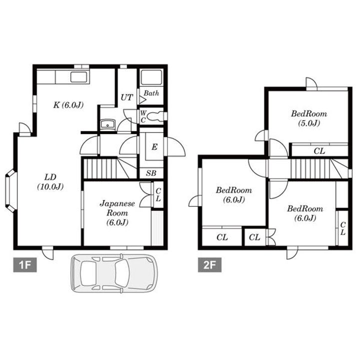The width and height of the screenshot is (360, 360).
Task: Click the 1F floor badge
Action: coord(25,265)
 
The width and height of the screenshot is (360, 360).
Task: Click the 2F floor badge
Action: coord(209,265)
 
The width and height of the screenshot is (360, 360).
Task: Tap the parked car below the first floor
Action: coord(114,273)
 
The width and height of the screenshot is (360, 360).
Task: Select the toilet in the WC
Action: coord(155,116)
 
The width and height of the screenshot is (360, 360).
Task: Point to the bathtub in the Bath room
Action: coord(151,77)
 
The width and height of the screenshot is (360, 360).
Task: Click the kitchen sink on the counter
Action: coord(79,77)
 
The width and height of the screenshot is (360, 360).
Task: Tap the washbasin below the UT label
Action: coord(107,124)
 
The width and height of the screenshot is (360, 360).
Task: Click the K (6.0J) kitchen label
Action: coord(68,105)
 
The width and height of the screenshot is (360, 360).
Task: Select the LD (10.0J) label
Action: coord(50,182)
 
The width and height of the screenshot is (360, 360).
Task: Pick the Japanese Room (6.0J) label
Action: coord(117,213)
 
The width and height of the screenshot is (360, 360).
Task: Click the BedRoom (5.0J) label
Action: coord(309,118)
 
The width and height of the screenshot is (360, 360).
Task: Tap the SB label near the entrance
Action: coord(151,173)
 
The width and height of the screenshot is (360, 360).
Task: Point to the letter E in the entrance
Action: coord(154,146)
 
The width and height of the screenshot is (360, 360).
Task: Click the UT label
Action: coord(126,97)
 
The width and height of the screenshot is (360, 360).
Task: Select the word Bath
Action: coord(151,93)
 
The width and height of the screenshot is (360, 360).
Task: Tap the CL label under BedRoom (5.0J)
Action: coord(319,151)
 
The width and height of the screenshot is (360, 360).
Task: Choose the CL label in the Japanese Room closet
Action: coord(158,195)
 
